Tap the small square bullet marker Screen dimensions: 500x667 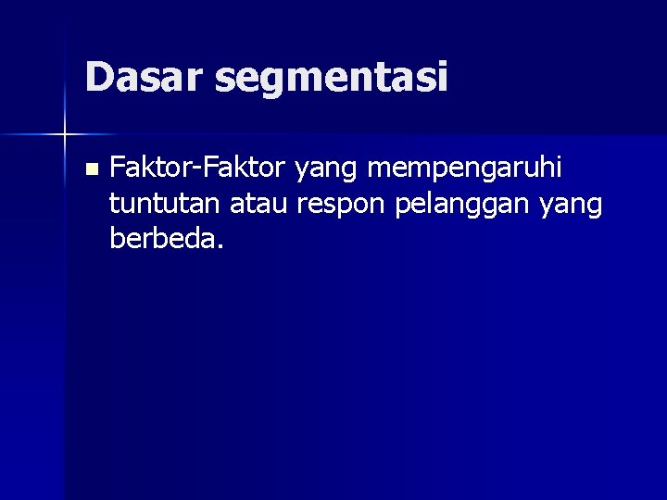(x=90, y=169)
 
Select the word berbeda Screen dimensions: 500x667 (x=161, y=240)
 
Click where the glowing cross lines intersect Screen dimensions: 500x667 (x=65, y=135)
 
